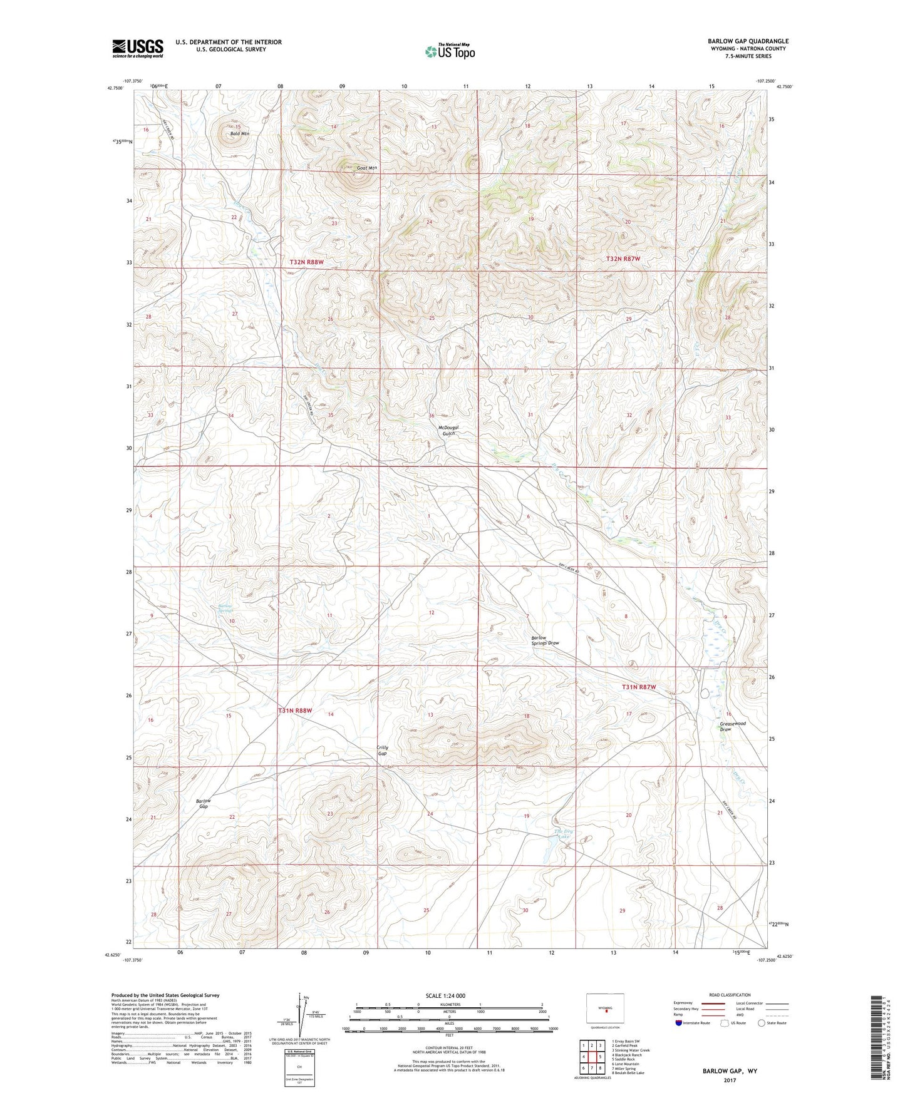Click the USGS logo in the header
pos(137,48)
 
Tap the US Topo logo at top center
pos(450,51)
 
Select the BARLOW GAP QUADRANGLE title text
pos(748,41)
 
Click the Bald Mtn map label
pos(239,134)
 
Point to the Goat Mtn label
pos(367,168)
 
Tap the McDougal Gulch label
pos(448,431)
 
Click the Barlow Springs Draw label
pos(545,640)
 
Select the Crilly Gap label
pos(382,751)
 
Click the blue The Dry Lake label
pos(564,834)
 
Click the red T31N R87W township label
pos(639,687)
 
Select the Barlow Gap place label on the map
pos(203,804)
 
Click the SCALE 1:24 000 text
pos(445,995)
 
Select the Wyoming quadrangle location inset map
pos(606,1008)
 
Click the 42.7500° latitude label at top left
pos(115,88)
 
